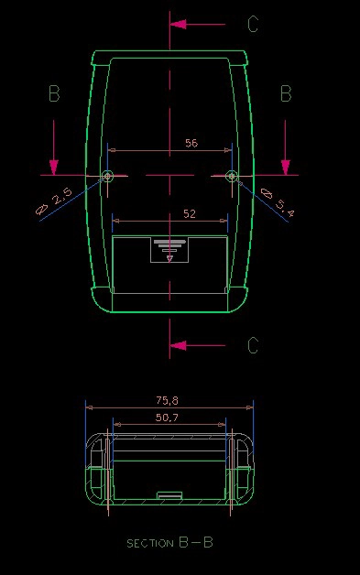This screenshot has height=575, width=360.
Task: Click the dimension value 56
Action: tap(191, 143)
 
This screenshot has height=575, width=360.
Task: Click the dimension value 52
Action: tap(190, 213)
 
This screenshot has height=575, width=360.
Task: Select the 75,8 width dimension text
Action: tap(168, 400)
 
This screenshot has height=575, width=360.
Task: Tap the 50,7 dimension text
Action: tap(167, 418)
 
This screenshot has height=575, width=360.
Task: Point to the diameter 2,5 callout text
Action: tap(54, 201)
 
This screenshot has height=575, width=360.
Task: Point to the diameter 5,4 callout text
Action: tap(277, 202)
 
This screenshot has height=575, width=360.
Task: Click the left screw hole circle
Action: tap(107, 176)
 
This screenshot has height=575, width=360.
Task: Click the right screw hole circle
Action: tap(231, 176)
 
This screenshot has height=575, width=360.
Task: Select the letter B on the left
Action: tap(54, 93)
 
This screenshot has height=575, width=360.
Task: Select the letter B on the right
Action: tap(286, 93)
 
